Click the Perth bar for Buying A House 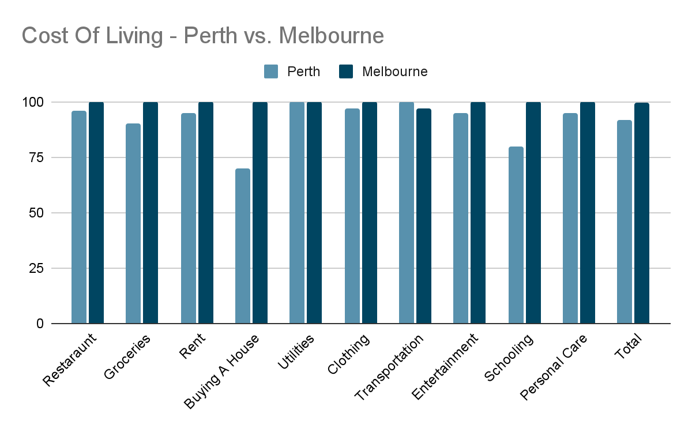[x=243, y=246]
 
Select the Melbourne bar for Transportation [x=424, y=216]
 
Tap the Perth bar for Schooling [x=516, y=235]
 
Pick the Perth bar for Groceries [x=133, y=223]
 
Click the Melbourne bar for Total [x=642, y=213]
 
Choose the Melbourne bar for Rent [x=206, y=212]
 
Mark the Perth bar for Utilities [x=297, y=212]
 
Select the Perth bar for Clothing [x=352, y=216]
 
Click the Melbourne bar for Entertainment [x=478, y=212]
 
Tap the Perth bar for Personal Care [x=570, y=218]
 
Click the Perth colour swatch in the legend [x=272, y=72]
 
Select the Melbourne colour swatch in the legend [x=346, y=72]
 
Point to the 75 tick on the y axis [x=36, y=157]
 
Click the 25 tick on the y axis [x=36, y=268]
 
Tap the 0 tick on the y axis [x=40, y=324]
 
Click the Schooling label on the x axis [x=509, y=358]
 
